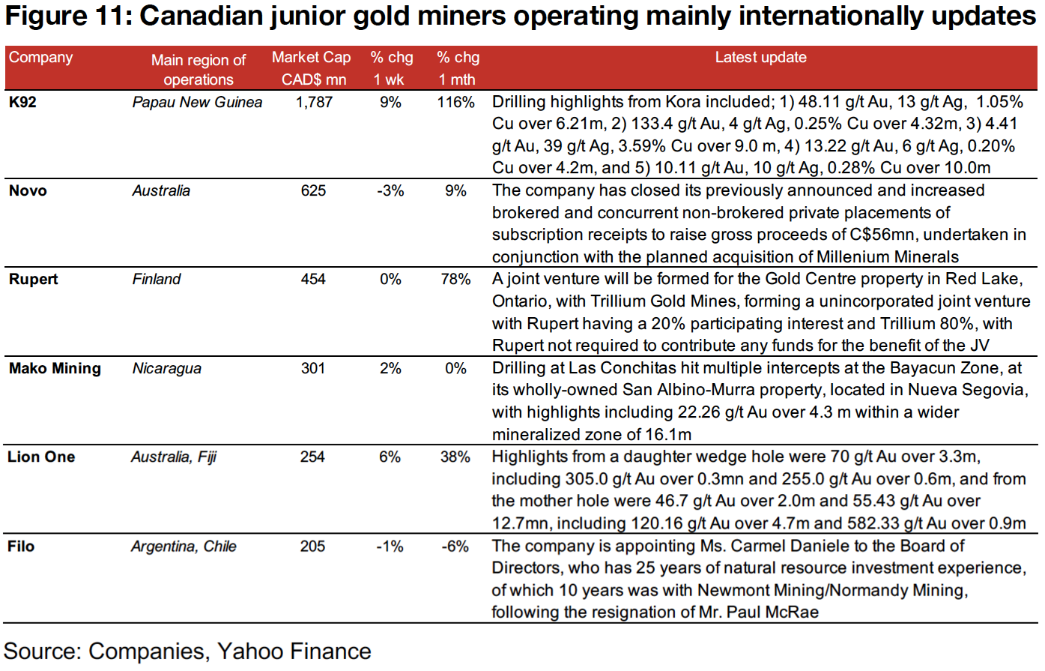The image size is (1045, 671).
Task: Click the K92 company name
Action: click(x=22, y=102)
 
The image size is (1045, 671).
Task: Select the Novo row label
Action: click(x=28, y=190)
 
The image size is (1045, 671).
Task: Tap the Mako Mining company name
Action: click(x=55, y=368)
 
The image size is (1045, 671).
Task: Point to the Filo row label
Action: click(x=21, y=546)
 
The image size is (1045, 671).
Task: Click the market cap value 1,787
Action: click(x=314, y=102)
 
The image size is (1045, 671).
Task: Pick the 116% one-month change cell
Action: click(x=455, y=102)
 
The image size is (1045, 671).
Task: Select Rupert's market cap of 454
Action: click(x=313, y=279)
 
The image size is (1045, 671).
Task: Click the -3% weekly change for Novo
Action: click(x=390, y=190)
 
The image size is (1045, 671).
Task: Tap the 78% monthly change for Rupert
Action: click(x=455, y=279)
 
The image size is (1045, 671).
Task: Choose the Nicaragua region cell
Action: click(x=166, y=368)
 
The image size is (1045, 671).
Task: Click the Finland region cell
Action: click(x=157, y=279)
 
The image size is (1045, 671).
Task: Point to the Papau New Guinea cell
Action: click(x=197, y=102)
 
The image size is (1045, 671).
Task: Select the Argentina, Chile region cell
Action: click(x=184, y=546)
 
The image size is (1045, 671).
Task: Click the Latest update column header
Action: click(x=760, y=58)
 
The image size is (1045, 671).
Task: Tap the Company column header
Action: click(x=40, y=58)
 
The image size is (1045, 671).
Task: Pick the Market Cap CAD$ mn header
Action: click(x=312, y=68)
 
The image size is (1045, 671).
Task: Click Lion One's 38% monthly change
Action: click(x=455, y=457)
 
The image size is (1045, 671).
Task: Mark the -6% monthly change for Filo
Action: click(x=455, y=546)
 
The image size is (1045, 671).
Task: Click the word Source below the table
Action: click(x=41, y=651)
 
